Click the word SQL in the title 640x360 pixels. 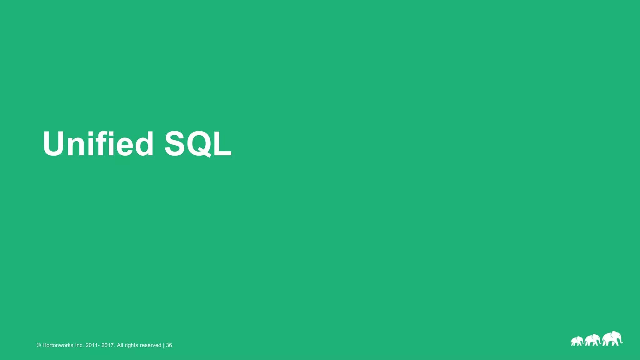(198, 144)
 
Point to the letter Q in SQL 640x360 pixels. (198, 144)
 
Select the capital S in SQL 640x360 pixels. (176, 144)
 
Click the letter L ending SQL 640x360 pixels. (222, 144)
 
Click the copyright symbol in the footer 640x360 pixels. (39, 345)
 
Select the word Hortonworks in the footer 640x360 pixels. (58, 345)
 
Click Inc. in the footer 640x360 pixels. (79, 345)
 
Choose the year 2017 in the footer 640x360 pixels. (108, 345)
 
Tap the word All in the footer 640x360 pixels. (120, 345)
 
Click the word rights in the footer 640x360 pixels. (131, 345)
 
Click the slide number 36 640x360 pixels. (169, 345)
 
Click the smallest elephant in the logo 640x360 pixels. (577, 341)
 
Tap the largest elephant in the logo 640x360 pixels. (611, 339)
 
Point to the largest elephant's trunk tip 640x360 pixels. (621, 343)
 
